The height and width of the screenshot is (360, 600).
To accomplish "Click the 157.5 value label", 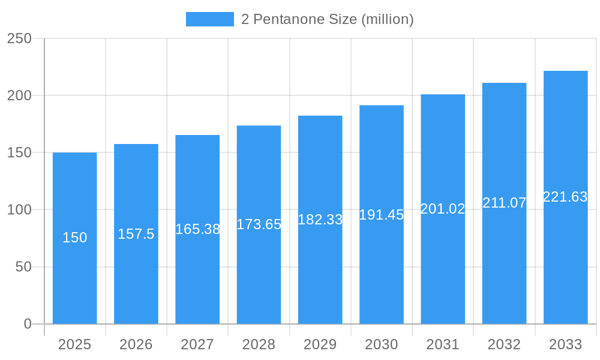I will point(136,234).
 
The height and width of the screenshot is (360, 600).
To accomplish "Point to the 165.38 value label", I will point(197,229).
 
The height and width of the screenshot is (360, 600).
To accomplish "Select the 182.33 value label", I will point(320,220).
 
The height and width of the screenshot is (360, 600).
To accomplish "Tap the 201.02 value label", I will point(443,209).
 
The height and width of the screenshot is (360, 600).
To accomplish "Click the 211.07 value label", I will point(504,203).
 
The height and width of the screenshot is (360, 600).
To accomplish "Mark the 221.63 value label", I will point(565,197).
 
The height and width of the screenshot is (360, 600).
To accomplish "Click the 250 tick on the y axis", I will point(19,38).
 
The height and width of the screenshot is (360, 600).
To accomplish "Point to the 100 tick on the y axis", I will point(19,210).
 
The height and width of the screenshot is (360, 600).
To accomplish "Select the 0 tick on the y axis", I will point(27,324).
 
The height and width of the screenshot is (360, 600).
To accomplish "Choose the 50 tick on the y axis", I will point(23,267).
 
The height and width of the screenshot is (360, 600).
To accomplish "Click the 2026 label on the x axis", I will point(136,344).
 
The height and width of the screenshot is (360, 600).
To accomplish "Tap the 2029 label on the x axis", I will point(320,344).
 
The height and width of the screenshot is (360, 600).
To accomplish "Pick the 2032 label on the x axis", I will point(504,344).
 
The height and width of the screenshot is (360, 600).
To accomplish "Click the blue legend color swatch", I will point(210,19).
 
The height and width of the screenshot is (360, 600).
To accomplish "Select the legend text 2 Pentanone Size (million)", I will point(328,19).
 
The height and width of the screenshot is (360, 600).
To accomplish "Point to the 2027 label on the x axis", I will point(197,344).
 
